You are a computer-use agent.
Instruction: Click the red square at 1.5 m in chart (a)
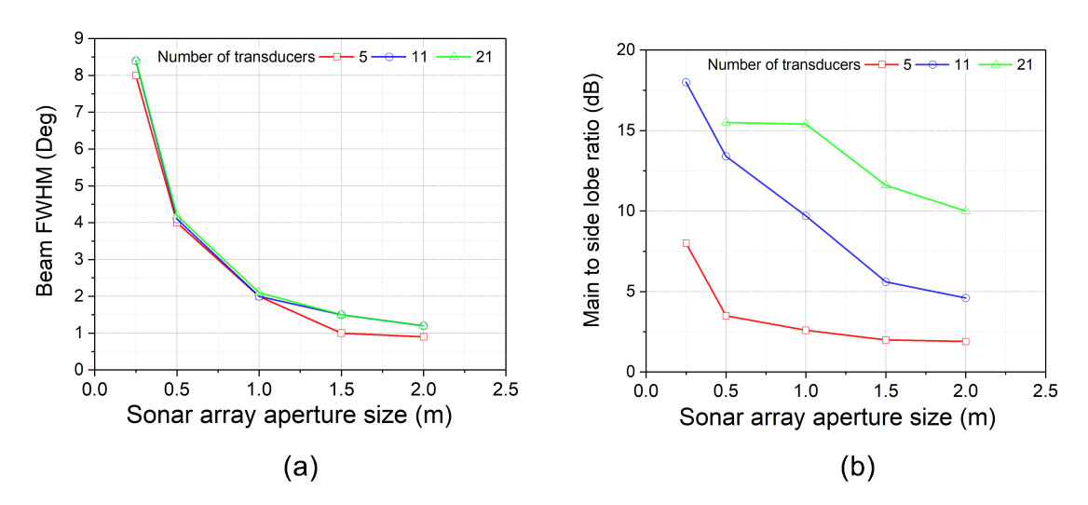341,333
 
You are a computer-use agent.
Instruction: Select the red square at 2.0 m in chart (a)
424,336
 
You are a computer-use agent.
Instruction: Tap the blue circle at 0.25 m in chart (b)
687,82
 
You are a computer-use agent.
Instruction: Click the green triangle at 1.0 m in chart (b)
807,124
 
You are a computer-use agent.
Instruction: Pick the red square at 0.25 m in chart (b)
687,243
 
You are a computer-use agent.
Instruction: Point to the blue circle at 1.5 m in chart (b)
886,281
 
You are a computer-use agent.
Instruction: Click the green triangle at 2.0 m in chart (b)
966,211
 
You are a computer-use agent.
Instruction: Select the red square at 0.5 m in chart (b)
727,316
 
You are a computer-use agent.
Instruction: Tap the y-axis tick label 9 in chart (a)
80,38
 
